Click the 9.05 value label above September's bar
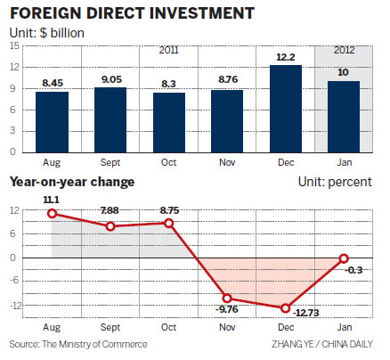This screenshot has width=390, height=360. [x=110, y=78]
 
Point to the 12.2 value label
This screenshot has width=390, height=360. [x=286, y=56]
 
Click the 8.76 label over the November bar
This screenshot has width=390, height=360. [x=227, y=79]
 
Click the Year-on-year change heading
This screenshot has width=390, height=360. [x=72, y=183]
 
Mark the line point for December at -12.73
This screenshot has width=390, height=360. [x=286, y=308]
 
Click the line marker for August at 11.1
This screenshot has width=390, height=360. [x=52, y=214]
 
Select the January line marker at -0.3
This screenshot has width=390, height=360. [x=345, y=258]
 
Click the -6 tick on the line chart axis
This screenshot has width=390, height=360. [x=14, y=282]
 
